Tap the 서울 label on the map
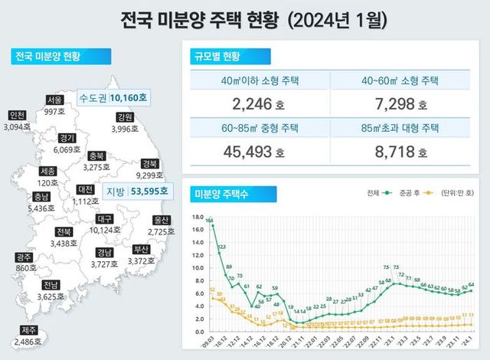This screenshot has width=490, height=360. tap(54, 100)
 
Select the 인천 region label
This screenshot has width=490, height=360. tap(16, 115)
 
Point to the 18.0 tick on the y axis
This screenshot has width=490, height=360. tap(197, 217)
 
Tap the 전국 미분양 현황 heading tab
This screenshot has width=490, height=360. tap(47, 56)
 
